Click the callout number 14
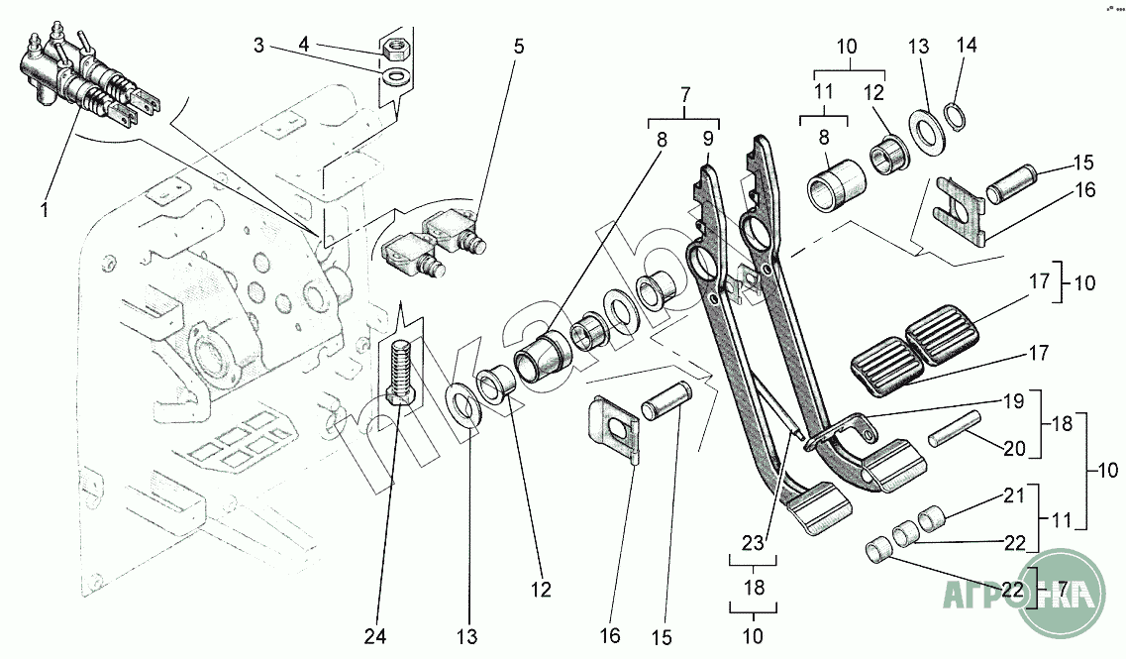pyautogui.click(x=966, y=47)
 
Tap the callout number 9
pyautogui.click(x=707, y=140)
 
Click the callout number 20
pyautogui.click(x=1013, y=448)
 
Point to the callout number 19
pyautogui.click(x=1011, y=403)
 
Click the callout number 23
pyautogui.click(x=753, y=542)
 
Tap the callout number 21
pyautogui.click(x=1012, y=495)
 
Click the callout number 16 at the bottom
pyautogui.click(x=610, y=635)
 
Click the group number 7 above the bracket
pyautogui.click(x=683, y=96)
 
